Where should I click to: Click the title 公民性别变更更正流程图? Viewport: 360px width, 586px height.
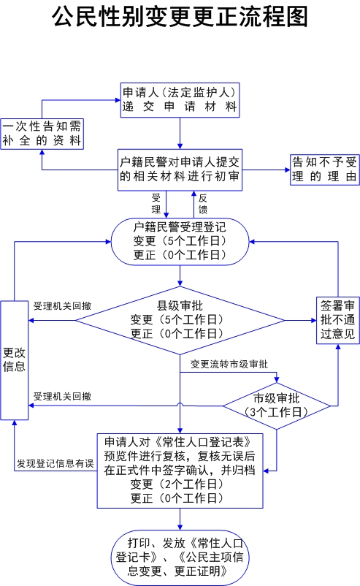click(180, 17)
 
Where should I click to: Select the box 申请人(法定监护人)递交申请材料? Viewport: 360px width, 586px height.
click(180, 100)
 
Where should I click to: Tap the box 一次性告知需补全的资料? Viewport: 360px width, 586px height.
click(42, 134)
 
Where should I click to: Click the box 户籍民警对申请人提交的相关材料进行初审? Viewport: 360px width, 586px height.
click(180, 170)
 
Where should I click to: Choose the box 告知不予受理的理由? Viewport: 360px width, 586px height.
click(324, 170)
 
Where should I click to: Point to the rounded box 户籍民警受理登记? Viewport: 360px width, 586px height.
click(180, 241)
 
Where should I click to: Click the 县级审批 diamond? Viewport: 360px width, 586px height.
click(180, 320)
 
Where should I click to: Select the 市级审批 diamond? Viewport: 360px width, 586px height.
click(276, 406)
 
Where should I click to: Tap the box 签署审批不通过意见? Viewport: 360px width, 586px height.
click(337, 320)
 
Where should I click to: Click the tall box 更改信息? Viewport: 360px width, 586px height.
click(14, 360)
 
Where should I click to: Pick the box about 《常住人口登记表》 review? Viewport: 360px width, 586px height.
click(180, 471)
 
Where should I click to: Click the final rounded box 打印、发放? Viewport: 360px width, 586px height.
click(180, 558)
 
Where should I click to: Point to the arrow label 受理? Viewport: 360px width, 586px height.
click(156, 204)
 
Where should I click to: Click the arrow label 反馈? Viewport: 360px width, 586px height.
click(203, 204)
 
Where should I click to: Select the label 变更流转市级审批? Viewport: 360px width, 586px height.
click(229, 364)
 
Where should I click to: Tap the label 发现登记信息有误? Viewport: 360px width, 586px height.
click(55, 463)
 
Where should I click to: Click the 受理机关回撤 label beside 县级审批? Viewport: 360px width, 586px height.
click(62, 306)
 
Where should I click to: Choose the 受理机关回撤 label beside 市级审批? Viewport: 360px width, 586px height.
click(62, 397)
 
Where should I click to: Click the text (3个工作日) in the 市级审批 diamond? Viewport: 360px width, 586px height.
click(276, 412)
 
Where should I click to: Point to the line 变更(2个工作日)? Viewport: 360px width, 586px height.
click(177, 484)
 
